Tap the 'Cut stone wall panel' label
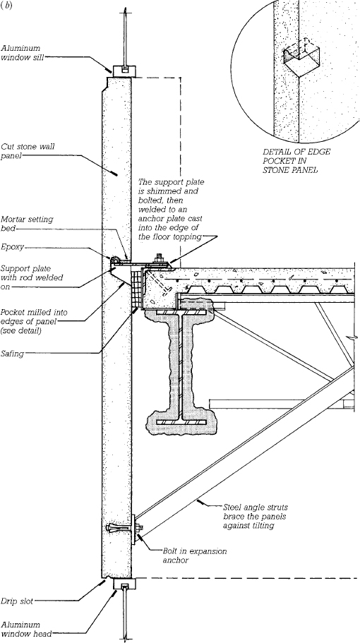[28, 150]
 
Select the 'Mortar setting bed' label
[27, 223]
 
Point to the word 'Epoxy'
[12, 247]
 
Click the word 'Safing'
[12, 354]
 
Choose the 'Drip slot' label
[17, 601]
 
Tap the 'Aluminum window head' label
[25, 629]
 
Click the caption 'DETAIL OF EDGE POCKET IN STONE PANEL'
[296, 161]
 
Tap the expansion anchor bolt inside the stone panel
[121, 528]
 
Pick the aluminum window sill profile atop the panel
[121, 70]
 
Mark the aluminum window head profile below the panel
[122, 584]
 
